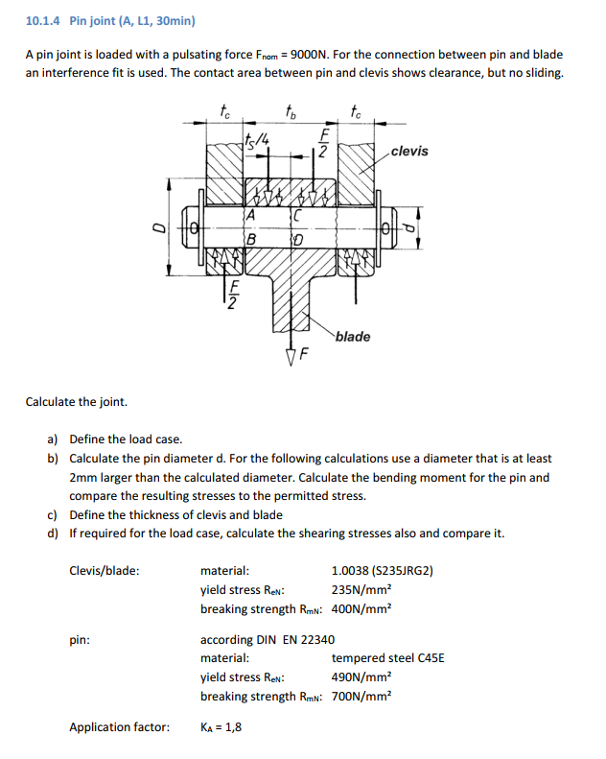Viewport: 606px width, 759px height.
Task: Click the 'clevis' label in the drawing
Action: [x=410, y=152]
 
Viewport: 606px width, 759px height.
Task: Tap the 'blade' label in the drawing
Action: [x=353, y=337]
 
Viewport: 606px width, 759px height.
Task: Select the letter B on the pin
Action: [x=251, y=238]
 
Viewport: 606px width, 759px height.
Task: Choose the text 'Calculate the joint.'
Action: [x=76, y=402]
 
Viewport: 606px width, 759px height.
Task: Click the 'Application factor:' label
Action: [x=119, y=727]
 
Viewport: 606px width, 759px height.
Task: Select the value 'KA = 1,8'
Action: [x=221, y=727]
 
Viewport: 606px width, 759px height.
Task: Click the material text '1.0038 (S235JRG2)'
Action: [x=383, y=571]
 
